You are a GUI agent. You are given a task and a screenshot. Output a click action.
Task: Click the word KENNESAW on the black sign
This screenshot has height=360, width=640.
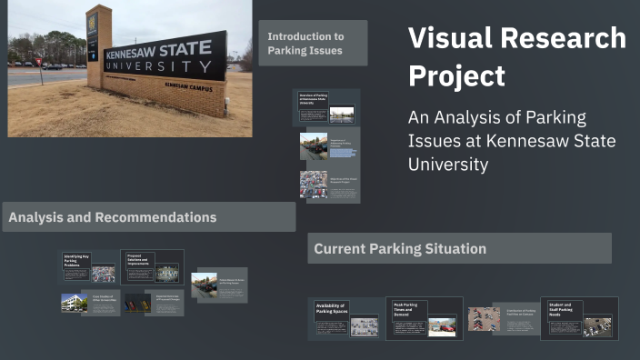[138, 53]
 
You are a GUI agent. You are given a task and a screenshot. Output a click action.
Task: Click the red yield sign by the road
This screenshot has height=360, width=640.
[39, 63]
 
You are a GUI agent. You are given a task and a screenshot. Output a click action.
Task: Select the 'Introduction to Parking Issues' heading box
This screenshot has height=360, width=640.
[313, 43]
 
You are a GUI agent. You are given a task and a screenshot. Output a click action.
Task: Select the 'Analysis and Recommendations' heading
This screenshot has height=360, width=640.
[113, 217]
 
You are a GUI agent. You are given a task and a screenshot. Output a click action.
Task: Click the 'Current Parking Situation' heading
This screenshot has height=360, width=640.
[400, 248]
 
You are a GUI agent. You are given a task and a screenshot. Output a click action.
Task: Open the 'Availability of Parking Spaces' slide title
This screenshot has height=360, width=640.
[331, 309]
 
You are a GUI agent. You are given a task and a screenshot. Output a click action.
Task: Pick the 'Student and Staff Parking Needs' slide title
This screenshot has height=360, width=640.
[564, 308]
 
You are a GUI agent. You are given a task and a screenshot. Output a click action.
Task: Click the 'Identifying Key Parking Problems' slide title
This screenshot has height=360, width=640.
[76, 261]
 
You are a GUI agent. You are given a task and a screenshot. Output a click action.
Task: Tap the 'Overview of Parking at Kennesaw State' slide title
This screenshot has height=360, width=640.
[313, 99]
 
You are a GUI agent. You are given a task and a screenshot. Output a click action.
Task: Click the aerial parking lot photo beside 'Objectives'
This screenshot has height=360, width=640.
[314, 185]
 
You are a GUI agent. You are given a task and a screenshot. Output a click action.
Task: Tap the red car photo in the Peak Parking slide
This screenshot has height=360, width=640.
[443, 325]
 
